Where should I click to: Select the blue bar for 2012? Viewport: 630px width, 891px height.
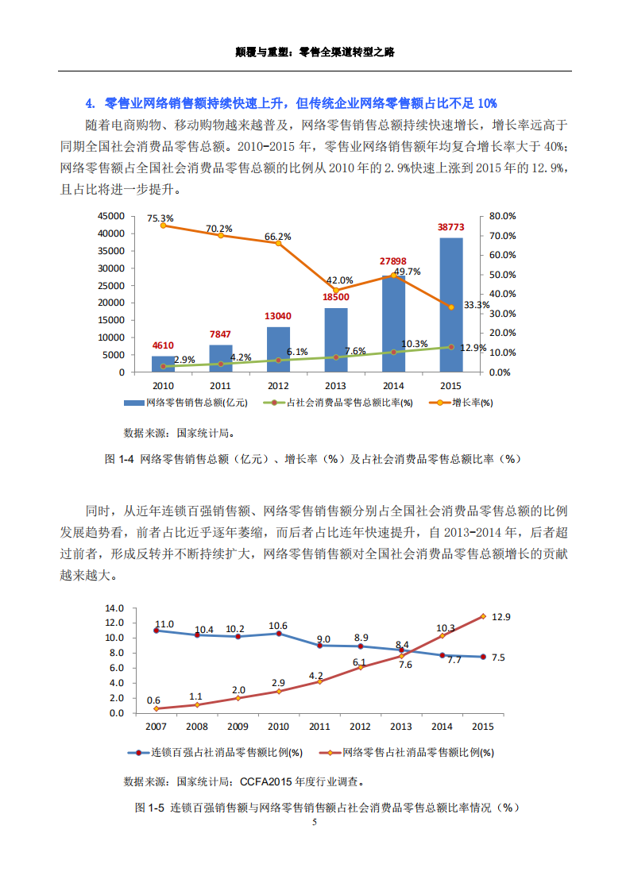(278, 349)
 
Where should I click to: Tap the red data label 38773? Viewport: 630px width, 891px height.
(450, 227)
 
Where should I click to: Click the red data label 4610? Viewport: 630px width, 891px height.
(163, 345)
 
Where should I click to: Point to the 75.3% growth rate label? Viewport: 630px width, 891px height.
(161, 218)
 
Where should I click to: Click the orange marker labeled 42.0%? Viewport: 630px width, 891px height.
(335, 291)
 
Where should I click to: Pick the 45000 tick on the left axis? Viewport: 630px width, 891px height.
(110, 216)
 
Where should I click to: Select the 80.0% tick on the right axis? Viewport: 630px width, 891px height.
(503, 216)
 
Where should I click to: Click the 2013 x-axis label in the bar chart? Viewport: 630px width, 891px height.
(335, 385)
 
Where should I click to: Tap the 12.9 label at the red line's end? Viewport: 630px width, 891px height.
(501, 616)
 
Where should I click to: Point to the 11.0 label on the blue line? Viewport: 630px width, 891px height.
(164, 624)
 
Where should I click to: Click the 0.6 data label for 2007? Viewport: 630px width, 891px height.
(154, 700)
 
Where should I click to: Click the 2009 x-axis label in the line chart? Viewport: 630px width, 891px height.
(237, 726)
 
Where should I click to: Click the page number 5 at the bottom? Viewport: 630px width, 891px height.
(315, 823)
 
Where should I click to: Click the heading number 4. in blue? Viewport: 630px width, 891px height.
(91, 103)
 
